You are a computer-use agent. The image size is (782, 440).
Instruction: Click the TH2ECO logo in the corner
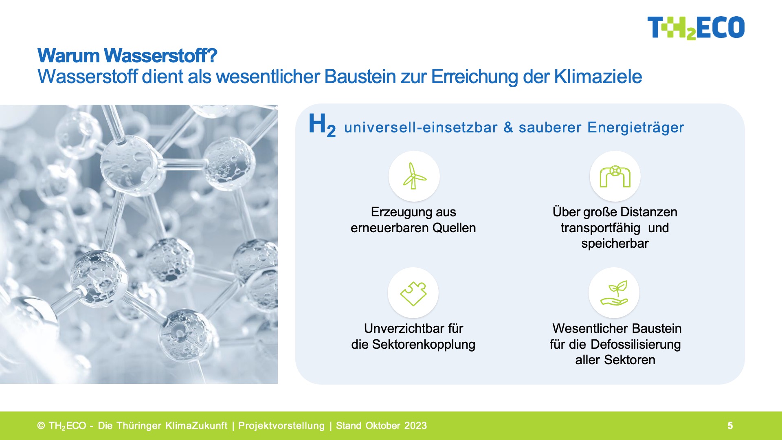[696, 28]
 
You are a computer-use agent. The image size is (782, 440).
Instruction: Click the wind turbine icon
[414, 176]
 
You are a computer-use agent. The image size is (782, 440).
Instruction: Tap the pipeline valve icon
[615, 176]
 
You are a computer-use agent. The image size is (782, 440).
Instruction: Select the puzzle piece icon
[413, 293]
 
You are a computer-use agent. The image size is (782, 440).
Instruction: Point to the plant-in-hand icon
[615, 293]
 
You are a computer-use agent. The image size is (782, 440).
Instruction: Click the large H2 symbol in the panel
[322, 125]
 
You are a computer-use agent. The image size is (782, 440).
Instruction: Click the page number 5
[730, 426]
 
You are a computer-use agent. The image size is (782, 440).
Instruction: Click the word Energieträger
[636, 128]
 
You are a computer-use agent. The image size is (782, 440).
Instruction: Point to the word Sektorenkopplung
[424, 344]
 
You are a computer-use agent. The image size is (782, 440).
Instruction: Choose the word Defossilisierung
[635, 344]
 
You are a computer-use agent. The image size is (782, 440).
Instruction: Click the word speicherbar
[615, 244]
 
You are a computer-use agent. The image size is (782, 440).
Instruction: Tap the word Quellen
[454, 228]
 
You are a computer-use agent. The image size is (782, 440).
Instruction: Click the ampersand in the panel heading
[508, 127]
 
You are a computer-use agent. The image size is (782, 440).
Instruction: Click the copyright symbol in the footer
[41, 426]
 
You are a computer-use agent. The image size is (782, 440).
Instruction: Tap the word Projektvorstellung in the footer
[281, 426]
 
